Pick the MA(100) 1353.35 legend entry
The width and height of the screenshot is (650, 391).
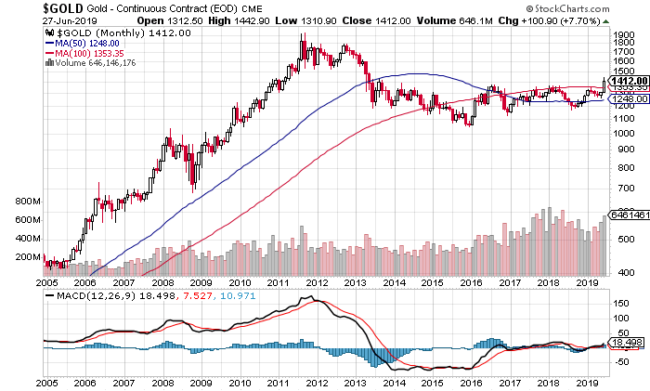91,53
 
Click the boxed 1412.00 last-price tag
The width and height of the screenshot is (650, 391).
628,80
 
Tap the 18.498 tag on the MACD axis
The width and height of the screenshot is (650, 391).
625,342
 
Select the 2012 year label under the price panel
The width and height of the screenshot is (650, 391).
318,281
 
